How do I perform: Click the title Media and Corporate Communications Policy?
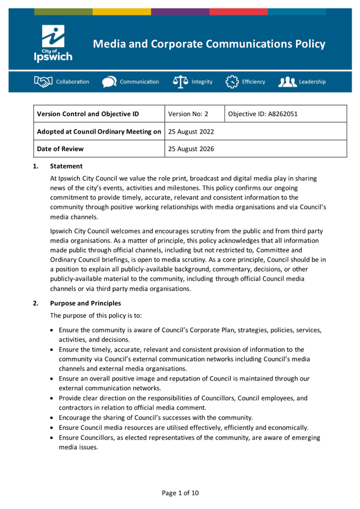click(x=209, y=44)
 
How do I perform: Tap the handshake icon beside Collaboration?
click(x=44, y=82)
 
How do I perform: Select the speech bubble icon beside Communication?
click(x=109, y=82)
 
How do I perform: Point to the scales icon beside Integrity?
click(x=180, y=82)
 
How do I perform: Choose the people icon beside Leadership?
click(x=287, y=82)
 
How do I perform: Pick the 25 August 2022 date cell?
click(x=191, y=131)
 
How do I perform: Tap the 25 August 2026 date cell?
click(x=191, y=149)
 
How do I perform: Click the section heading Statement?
click(x=66, y=166)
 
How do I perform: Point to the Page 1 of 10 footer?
click(x=180, y=492)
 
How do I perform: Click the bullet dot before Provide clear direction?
click(x=52, y=398)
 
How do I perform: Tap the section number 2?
click(x=36, y=303)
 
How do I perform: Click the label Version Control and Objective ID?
click(x=88, y=114)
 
